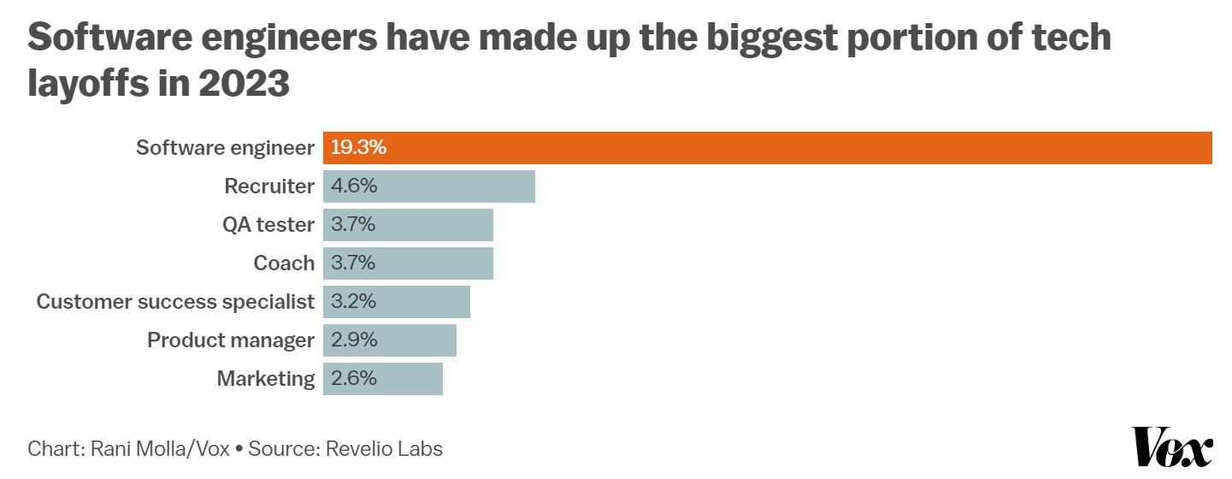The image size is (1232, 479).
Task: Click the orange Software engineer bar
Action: point(767,148)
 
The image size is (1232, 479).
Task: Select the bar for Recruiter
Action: point(428,186)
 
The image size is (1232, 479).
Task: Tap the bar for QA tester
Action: point(408,225)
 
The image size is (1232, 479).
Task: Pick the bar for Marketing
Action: point(382,379)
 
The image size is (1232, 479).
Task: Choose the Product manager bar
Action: point(389,340)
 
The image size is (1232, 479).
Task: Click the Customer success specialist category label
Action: point(175,302)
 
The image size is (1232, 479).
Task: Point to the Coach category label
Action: point(284,263)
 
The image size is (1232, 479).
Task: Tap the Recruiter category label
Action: point(269,186)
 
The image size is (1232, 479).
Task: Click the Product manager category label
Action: point(231,340)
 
